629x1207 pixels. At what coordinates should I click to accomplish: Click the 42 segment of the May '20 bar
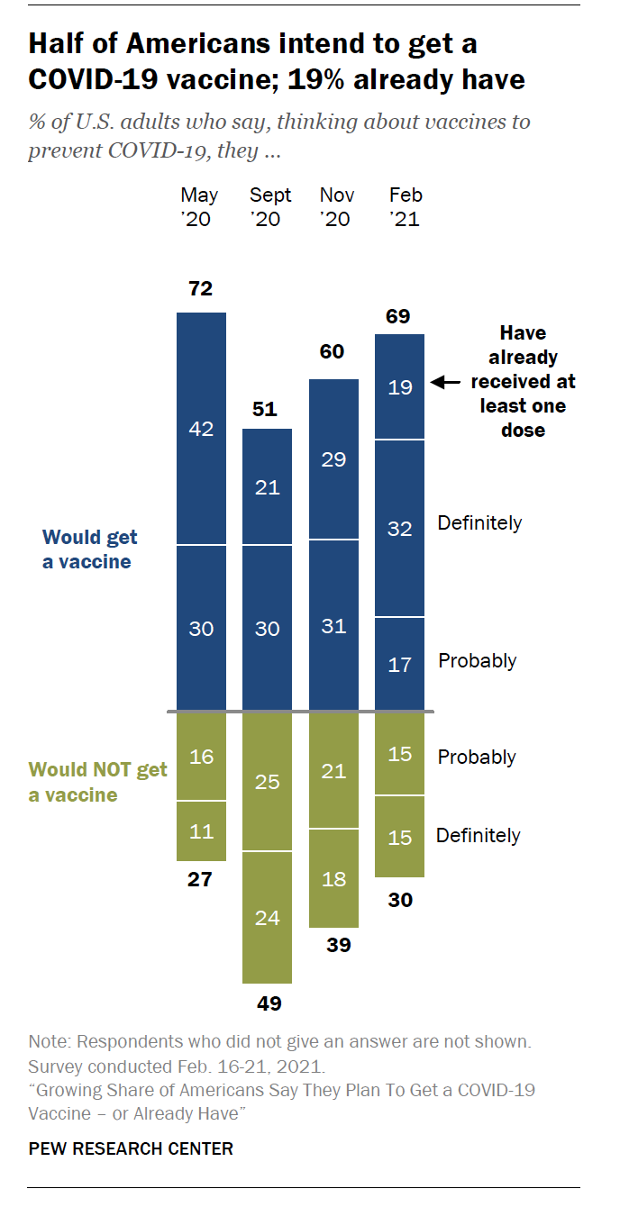point(201,429)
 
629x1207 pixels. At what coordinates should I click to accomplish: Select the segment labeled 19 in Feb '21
point(400,387)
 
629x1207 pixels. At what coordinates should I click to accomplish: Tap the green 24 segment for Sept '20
point(268,918)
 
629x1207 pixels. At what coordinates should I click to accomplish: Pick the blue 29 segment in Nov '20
point(333,459)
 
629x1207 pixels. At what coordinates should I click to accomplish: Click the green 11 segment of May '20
point(201,830)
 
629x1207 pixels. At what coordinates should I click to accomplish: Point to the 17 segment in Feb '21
point(400,665)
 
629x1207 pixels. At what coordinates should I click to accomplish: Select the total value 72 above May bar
point(200,289)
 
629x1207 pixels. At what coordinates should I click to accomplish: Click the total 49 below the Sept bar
point(268,1003)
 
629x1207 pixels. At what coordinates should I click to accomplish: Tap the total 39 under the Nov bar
point(334,946)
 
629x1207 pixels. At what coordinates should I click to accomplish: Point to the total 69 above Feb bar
point(399,316)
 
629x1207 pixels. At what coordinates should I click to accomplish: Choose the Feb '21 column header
point(406,207)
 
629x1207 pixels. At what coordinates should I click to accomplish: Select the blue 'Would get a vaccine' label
point(89,549)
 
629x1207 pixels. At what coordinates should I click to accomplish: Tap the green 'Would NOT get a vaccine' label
point(97,782)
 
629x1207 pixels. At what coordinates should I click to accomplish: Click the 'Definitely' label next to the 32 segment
point(479,522)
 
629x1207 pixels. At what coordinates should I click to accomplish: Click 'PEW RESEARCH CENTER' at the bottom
point(131,1148)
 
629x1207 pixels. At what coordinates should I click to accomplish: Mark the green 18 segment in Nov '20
point(334,878)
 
